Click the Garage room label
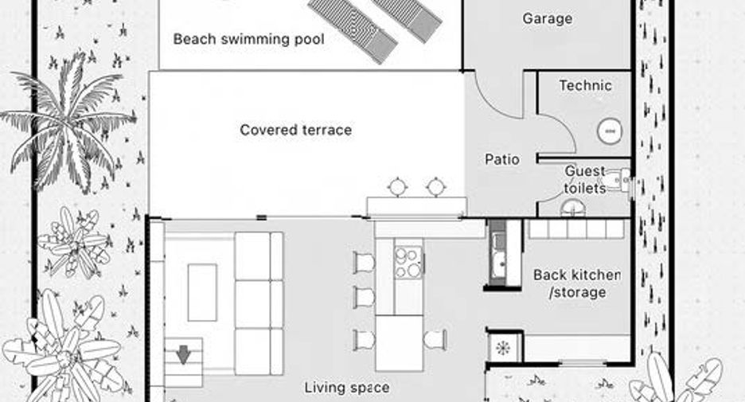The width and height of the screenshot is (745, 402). pyautogui.click(x=548, y=19)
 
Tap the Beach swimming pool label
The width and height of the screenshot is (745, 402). pyautogui.click(x=248, y=39)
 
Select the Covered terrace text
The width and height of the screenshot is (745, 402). pyautogui.click(x=296, y=130)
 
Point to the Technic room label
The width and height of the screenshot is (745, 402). pyautogui.click(x=585, y=85)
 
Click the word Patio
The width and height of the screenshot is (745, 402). pyautogui.click(x=501, y=159)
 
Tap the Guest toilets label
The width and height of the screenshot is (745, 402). pyautogui.click(x=585, y=180)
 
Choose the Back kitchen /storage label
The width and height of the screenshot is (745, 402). pyautogui.click(x=577, y=283)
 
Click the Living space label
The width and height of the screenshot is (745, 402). pyautogui.click(x=347, y=388)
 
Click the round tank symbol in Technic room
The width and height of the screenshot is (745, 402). pyautogui.click(x=610, y=131)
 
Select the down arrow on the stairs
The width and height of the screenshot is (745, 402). pyautogui.click(x=183, y=354)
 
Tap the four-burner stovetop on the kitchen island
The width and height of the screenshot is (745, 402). pyautogui.click(x=408, y=262)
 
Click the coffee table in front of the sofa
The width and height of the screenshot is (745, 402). pyautogui.click(x=202, y=293)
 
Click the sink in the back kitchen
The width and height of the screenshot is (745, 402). pyautogui.click(x=497, y=259)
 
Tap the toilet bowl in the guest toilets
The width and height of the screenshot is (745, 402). pyautogui.click(x=574, y=208)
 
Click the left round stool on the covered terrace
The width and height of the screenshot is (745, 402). pyautogui.click(x=397, y=187)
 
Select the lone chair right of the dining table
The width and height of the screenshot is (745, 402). pyautogui.click(x=435, y=340)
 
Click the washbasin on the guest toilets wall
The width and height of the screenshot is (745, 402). pyautogui.click(x=622, y=180)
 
